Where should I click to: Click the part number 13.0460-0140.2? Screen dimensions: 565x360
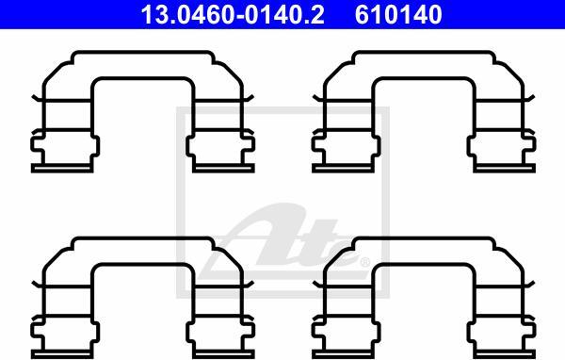click(x=233, y=15)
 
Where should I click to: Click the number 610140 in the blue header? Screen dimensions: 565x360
click(x=398, y=15)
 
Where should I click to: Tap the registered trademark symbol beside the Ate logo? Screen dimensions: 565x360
click(x=365, y=262)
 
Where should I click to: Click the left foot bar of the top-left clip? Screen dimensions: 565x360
click(x=62, y=168)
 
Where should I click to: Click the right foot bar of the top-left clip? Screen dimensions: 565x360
click(x=223, y=168)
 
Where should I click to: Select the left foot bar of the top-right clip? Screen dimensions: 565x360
click(x=343, y=168)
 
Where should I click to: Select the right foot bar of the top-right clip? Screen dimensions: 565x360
click(x=505, y=168)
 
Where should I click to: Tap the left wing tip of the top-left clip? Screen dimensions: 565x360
click(x=33, y=96)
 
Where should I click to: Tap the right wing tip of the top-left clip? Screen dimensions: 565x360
click(x=252, y=96)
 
